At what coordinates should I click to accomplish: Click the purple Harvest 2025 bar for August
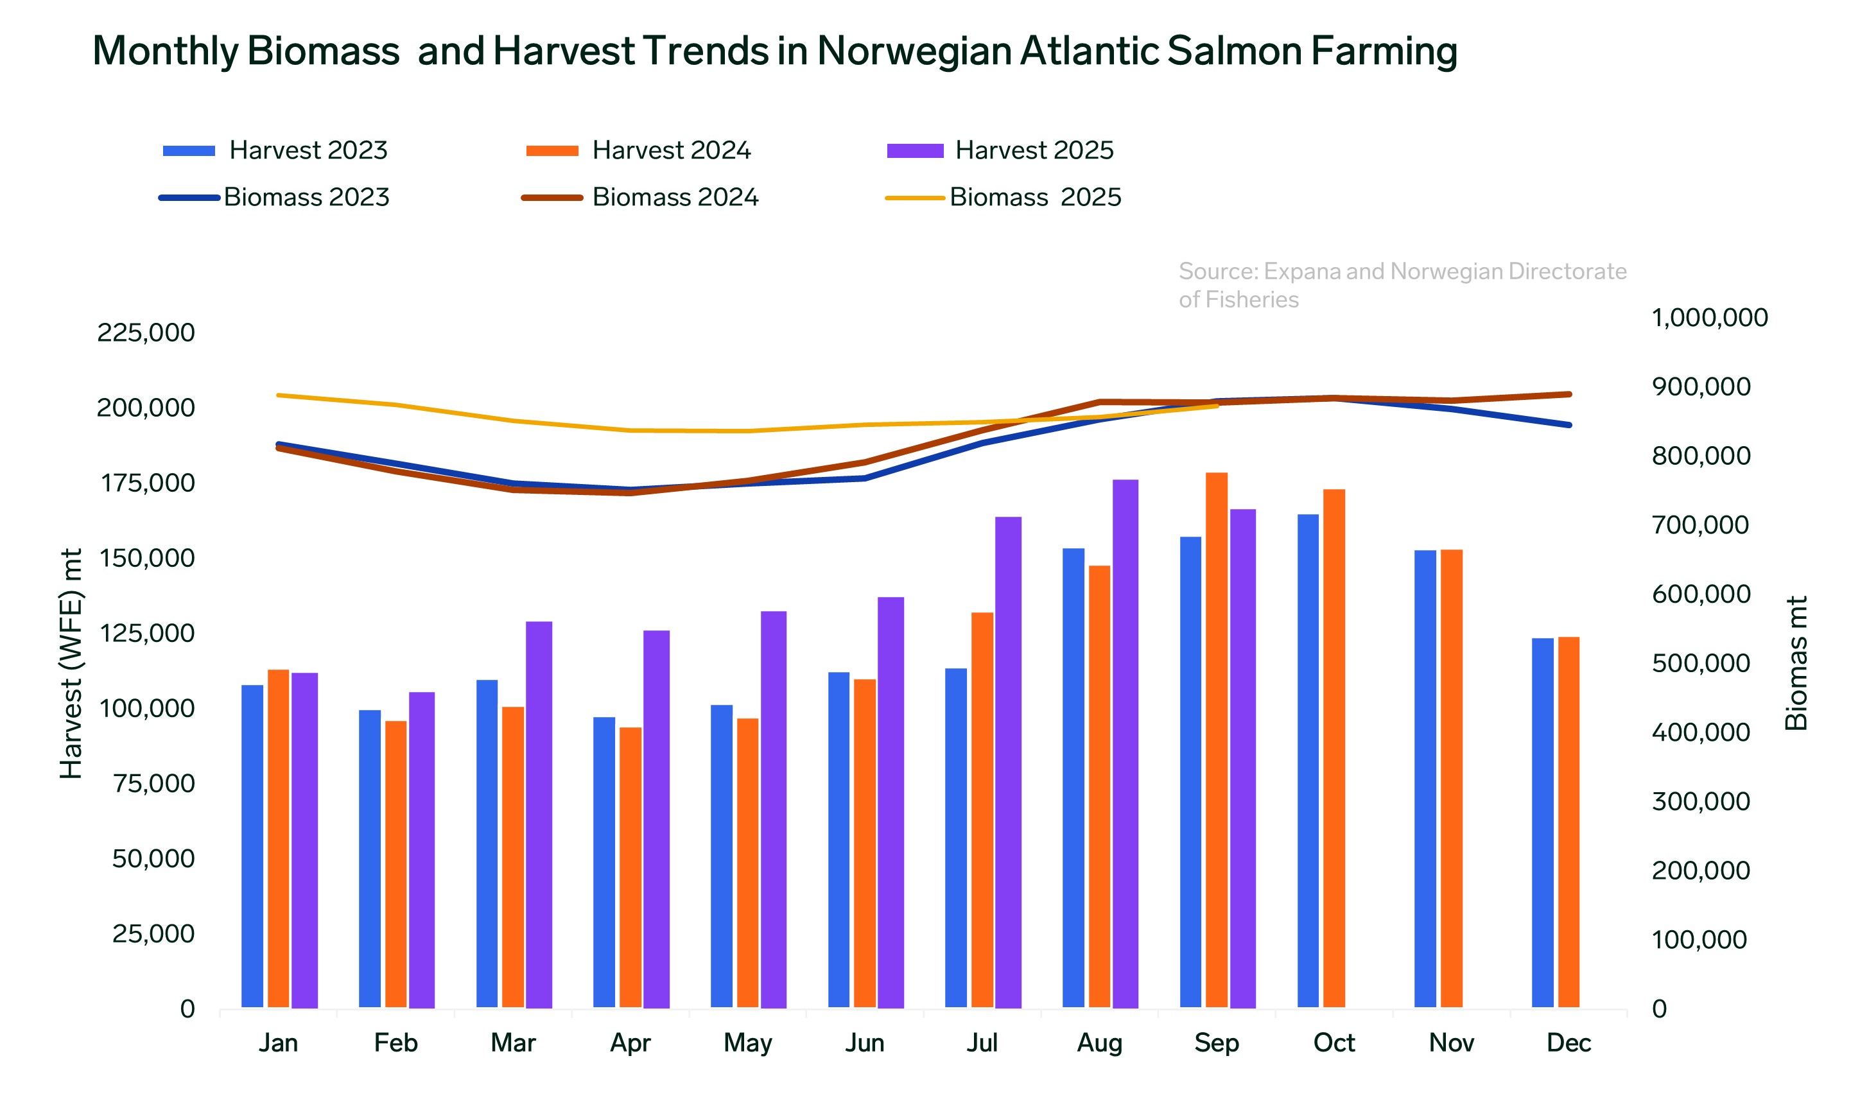point(1125,743)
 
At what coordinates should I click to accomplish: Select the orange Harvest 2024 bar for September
point(1216,740)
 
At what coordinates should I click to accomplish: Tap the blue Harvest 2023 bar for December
point(1542,822)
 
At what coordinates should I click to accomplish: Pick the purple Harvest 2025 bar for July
point(1007,763)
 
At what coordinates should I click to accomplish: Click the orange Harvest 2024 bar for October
point(1334,748)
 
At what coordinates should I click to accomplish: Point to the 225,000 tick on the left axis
point(146,333)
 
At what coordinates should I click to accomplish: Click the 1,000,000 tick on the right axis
point(1709,318)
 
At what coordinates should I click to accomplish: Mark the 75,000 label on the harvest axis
point(153,783)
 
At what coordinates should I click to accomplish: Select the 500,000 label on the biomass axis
point(1701,663)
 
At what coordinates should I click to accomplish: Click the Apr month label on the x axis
point(630,1043)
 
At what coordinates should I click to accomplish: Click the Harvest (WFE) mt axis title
point(71,663)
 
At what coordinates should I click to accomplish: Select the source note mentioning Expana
point(1402,284)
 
